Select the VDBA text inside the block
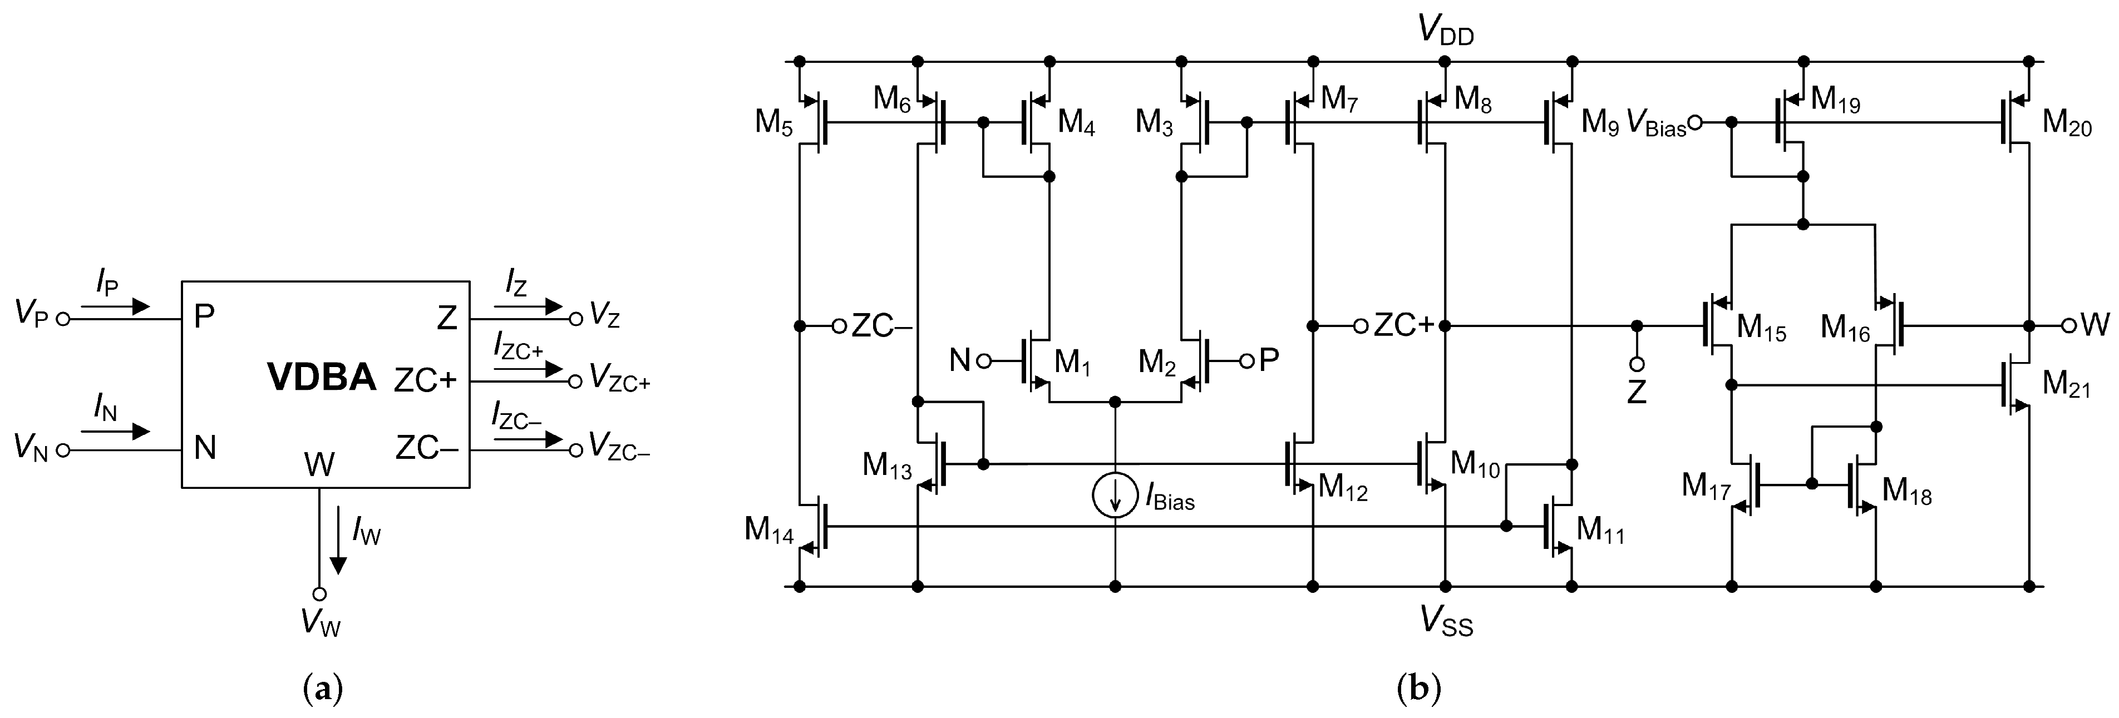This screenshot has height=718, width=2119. tap(322, 378)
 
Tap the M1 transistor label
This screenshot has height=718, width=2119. tap(1072, 361)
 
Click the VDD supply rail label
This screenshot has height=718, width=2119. tap(1445, 29)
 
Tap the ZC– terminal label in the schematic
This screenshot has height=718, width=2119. tap(881, 326)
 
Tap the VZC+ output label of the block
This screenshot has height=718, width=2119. tap(619, 381)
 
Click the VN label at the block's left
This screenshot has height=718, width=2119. tap(31, 448)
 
